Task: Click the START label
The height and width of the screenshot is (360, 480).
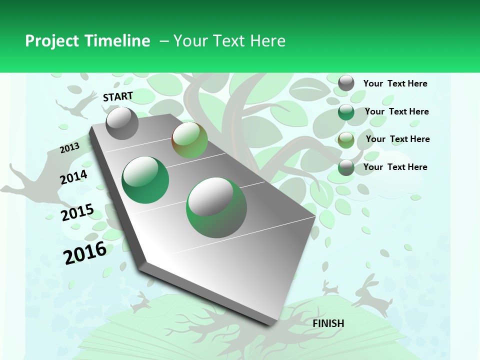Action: (118, 96)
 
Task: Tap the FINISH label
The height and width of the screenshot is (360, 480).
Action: (328, 323)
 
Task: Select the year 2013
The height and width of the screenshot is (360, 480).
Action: (70, 147)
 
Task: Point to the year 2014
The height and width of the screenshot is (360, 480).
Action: (74, 177)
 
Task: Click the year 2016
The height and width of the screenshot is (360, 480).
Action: (85, 252)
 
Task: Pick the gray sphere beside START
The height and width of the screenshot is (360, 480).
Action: (122, 123)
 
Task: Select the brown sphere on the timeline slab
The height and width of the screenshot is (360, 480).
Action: (189, 140)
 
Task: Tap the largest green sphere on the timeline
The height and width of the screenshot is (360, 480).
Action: (216, 207)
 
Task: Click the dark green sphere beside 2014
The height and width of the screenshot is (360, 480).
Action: (145, 180)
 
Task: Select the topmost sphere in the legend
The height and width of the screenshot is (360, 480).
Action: (346, 83)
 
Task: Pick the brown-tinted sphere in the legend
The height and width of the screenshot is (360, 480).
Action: (346, 140)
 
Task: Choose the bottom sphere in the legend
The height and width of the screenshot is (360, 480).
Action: (346, 167)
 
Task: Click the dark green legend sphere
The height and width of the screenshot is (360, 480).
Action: (346, 112)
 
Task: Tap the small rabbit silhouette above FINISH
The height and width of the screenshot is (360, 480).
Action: (329, 287)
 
